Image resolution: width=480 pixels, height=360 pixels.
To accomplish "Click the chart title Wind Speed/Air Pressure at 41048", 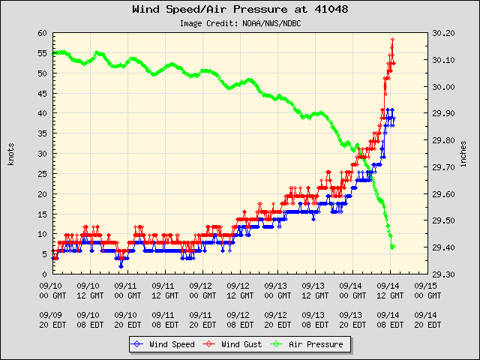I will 239,10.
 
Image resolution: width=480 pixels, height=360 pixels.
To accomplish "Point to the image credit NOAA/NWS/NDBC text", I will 239,23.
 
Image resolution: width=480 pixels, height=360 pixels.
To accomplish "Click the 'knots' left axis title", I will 10,154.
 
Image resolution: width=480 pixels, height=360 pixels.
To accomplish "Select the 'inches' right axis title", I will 463,154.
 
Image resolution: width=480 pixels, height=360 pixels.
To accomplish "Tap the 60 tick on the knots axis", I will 43,34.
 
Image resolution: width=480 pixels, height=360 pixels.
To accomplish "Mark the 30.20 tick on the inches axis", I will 444,34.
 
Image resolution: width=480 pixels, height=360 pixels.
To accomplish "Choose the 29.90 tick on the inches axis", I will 444,114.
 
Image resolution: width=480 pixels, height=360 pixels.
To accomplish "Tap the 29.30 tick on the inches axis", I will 444,274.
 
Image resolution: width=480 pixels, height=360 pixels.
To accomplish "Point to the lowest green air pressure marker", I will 393,247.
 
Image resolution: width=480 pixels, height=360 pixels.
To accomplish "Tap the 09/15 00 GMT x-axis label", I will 426,290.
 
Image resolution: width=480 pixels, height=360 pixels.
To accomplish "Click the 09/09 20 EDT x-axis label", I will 52,319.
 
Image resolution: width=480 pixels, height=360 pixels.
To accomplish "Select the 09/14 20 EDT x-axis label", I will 426,319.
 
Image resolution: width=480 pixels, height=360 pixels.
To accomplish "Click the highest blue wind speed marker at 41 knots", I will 388,110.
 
